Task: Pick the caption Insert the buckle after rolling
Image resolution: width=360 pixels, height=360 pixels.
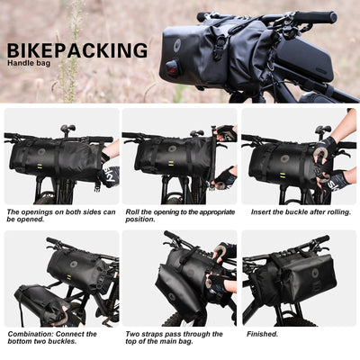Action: click(292, 212)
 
